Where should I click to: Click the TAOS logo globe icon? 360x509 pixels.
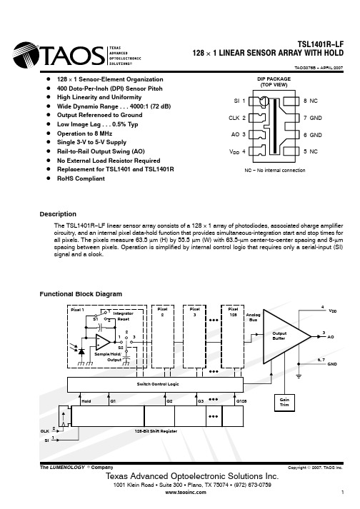pos(26,55)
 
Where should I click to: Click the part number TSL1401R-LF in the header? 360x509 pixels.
pos(321,44)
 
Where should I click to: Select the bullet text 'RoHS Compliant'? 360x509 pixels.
pos(81,178)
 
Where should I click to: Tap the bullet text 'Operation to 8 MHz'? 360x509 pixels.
pos(84,133)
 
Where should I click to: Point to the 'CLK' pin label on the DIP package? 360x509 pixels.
pos(234,118)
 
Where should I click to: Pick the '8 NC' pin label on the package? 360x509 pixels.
pos(311,101)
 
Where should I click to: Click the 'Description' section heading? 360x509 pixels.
pos(58,214)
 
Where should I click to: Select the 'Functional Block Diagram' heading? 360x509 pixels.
pos(81,294)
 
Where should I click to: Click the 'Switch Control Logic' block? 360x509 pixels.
pos(155,385)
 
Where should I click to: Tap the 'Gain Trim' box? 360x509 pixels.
pos(284,403)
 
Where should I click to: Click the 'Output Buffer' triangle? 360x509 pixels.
pos(283,336)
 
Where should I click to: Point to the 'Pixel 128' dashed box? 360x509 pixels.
pos(233,336)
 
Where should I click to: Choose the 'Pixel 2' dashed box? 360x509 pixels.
pos(163,336)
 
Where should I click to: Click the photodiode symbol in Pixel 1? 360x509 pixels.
pos(81,351)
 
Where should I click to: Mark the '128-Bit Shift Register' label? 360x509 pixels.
pos(156,431)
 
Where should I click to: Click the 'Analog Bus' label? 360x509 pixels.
pos(253,317)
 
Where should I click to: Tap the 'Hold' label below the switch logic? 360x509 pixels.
pos(86,401)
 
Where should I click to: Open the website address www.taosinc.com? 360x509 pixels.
pos(186,492)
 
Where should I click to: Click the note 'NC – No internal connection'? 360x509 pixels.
pos(275,170)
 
